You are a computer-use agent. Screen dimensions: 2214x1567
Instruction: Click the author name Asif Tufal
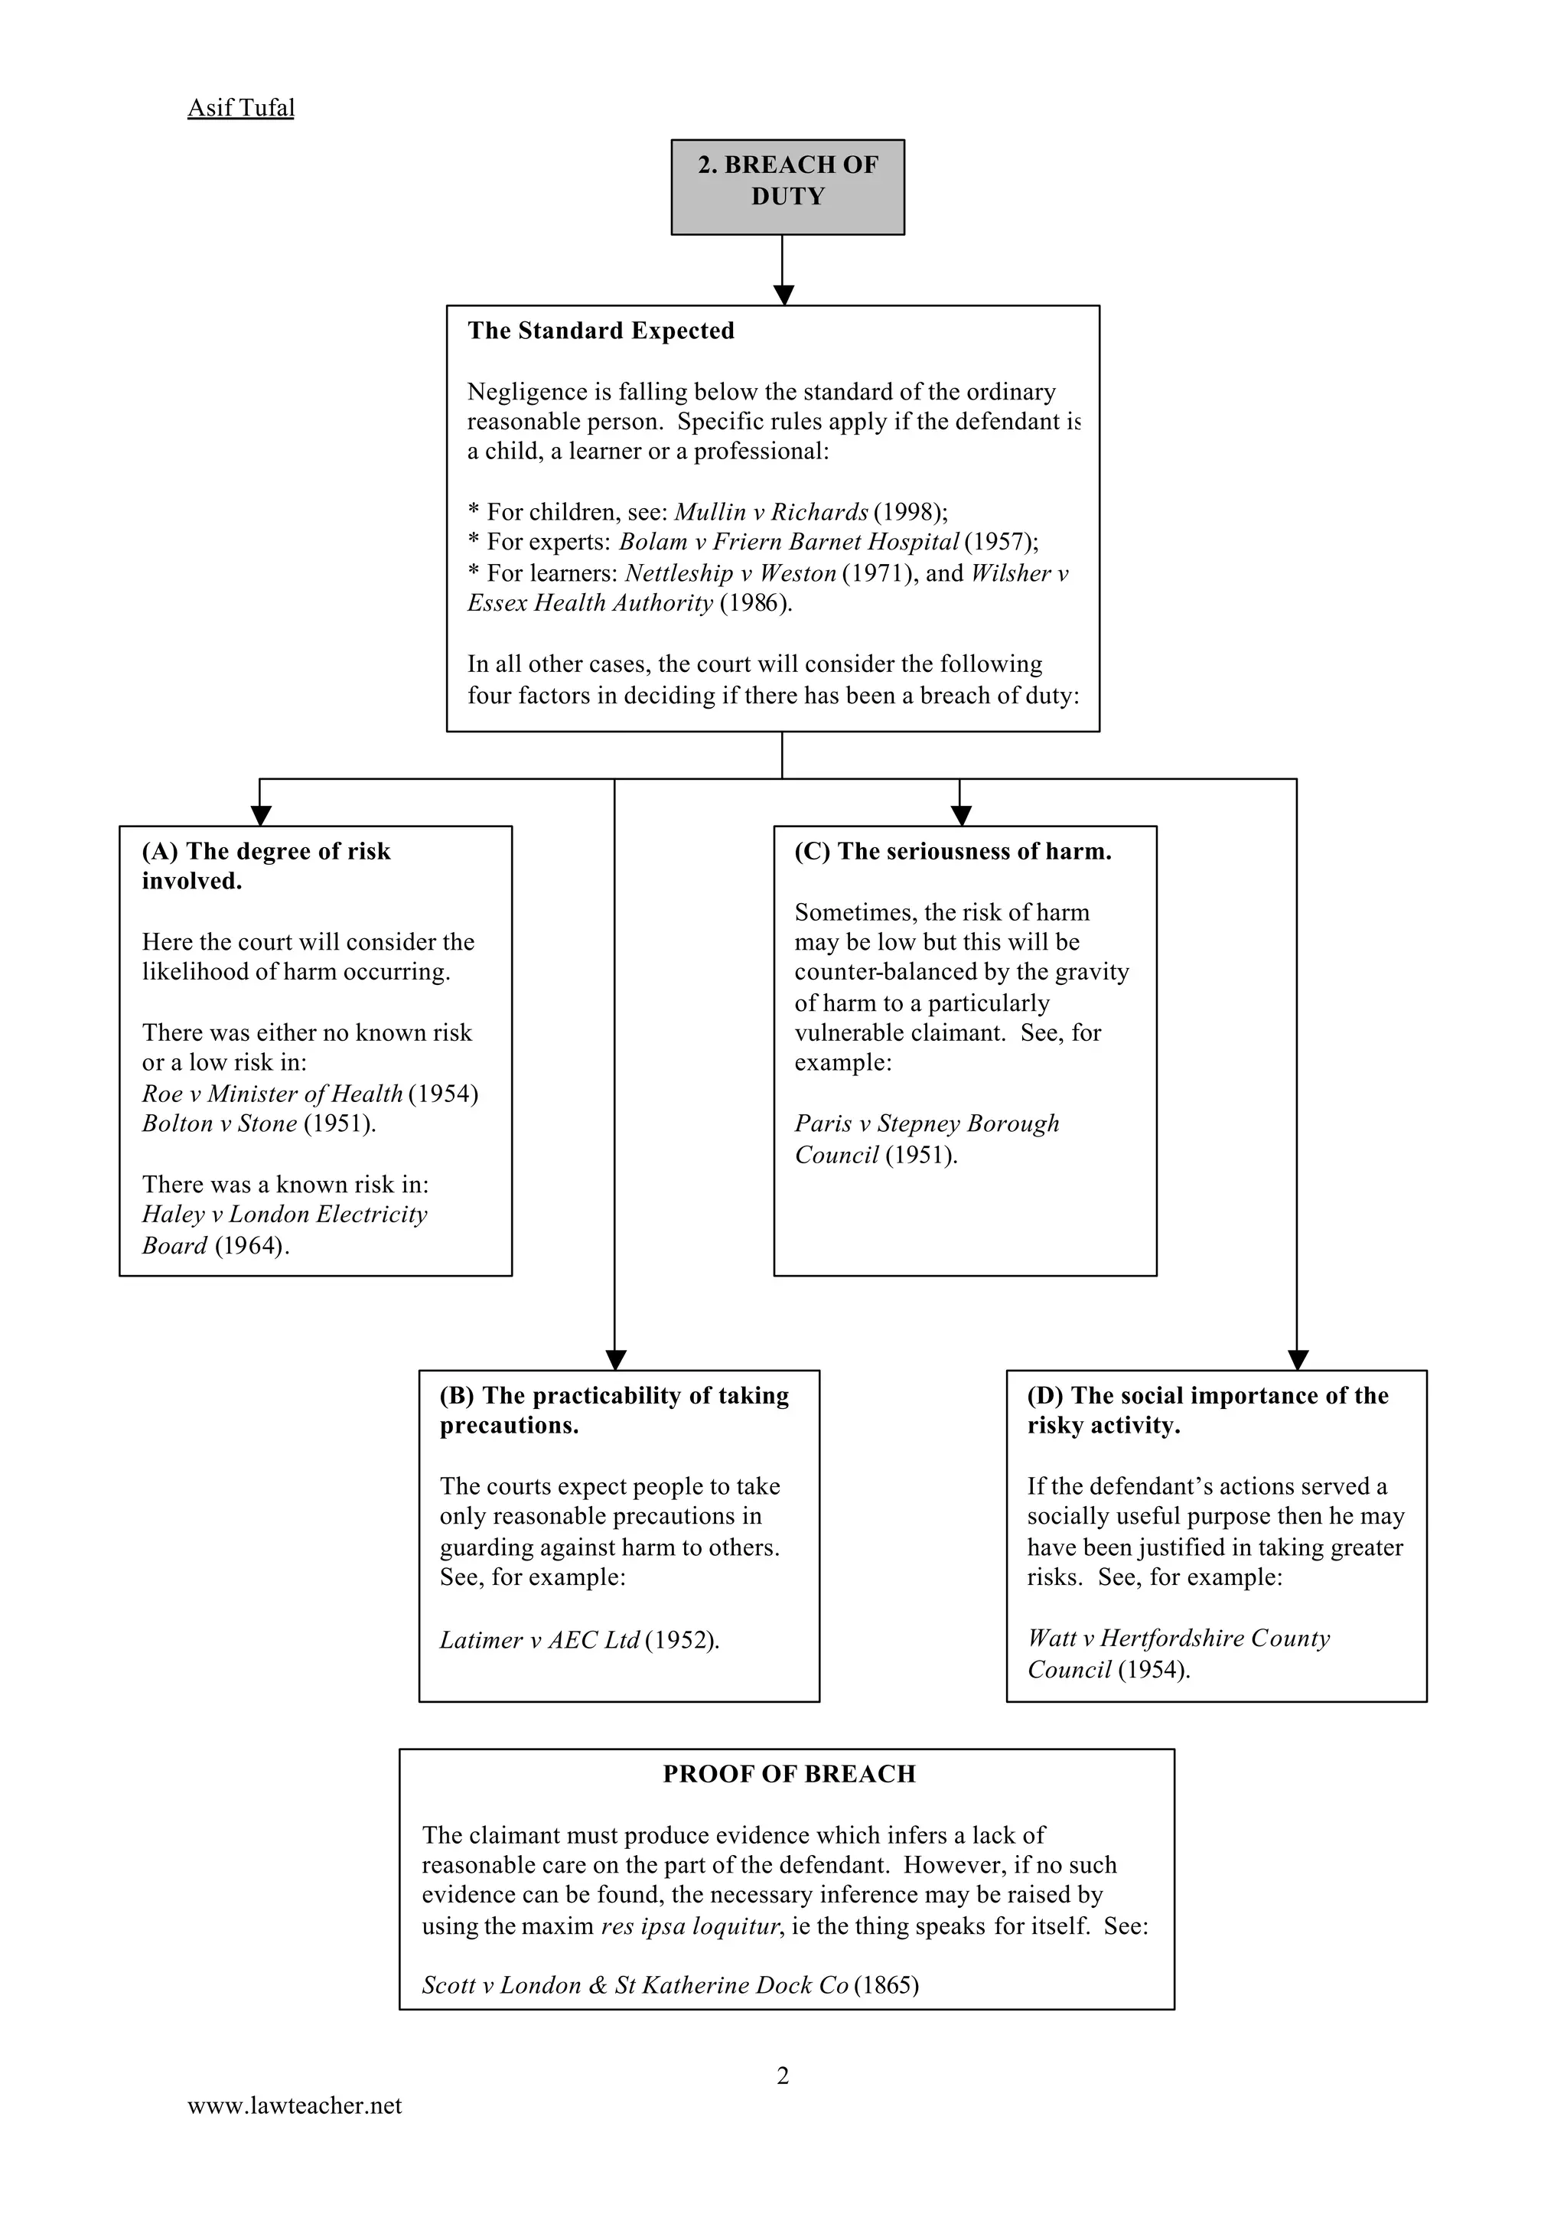240,107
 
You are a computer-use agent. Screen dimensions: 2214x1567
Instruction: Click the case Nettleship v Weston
731,572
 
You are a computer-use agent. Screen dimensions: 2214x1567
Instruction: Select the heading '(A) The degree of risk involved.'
266,866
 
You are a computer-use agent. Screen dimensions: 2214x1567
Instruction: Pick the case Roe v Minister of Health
272,1094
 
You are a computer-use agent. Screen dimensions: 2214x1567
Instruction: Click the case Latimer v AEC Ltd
539,1640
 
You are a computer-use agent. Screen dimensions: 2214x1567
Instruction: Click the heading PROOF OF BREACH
788,1774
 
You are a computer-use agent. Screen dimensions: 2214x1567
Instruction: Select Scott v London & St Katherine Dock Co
635,1985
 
